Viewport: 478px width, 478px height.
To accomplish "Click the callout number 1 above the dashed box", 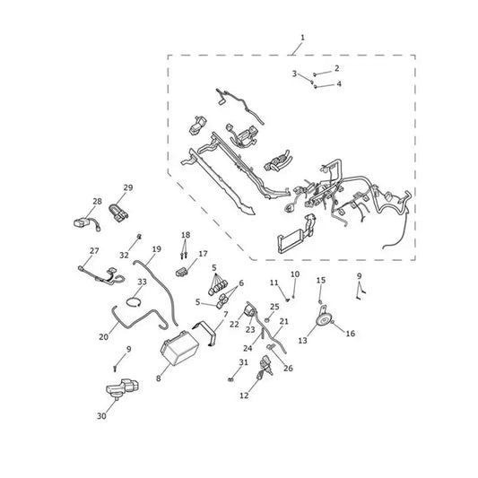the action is coord(302,38).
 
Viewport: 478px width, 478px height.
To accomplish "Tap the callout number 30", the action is coord(101,416).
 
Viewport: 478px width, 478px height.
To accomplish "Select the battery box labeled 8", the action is coord(180,348).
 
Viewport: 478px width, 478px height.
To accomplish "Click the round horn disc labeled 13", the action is coord(324,321).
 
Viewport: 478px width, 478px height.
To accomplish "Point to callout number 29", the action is coord(128,187).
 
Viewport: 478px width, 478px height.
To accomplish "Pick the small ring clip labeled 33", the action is coord(134,302).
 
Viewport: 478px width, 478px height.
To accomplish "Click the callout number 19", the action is coord(156,249).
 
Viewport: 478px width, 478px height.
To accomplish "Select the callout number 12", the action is coord(244,395).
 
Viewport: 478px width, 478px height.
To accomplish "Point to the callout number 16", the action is coord(351,334).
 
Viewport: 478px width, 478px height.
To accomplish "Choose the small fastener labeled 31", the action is coord(230,379).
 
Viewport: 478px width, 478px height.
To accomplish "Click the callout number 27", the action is coord(94,250).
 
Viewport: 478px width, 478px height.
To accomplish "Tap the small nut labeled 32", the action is coord(139,236).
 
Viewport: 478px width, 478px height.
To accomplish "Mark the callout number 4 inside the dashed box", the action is coord(339,83).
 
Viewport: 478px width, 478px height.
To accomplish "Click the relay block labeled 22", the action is coord(249,311).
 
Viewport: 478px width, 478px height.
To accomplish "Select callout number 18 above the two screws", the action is coord(186,235).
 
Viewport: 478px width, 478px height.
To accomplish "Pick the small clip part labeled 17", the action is coord(182,271).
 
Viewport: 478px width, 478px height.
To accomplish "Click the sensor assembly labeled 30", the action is coord(122,388).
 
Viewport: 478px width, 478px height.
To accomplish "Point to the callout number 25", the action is coord(274,307).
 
